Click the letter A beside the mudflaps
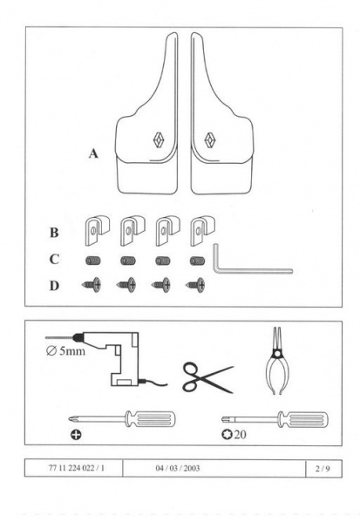pyautogui.click(x=93, y=153)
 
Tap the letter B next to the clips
pyautogui.click(x=54, y=233)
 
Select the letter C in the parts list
pyautogui.click(x=54, y=259)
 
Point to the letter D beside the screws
pyautogui.click(x=54, y=286)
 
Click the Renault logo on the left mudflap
pyautogui.click(x=160, y=139)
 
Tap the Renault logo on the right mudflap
pyautogui.click(x=210, y=139)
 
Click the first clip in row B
pyautogui.click(x=98, y=230)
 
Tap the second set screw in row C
pyautogui.click(x=128, y=261)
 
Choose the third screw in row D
pyautogui.click(x=161, y=285)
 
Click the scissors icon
pyautogui.click(x=207, y=377)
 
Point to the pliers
pyautogui.click(x=277, y=361)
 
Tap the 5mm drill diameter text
pyautogui.click(x=65, y=351)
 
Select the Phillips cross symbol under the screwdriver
pyautogui.click(x=76, y=434)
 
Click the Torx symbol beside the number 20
pyautogui.click(x=227, y=434)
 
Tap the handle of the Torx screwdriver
pyautogui.click(x=302, y=419)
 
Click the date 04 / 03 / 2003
pyautogui.click(x=178, y=468)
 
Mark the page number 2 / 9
pyautogui.click(x=323, y=469)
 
